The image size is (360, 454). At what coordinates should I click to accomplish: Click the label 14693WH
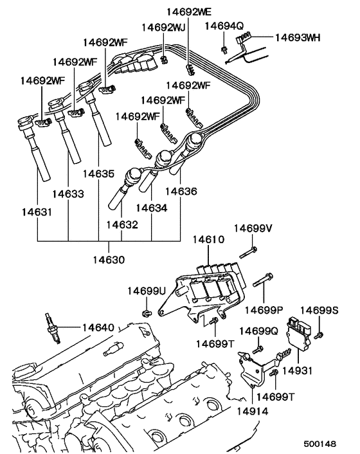(x=297, y=37)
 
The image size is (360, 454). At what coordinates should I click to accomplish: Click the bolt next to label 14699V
(x=249, y=250)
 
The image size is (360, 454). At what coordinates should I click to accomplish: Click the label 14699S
(x=319, y=310)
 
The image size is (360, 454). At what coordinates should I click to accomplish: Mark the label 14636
(x=181, y=191)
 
